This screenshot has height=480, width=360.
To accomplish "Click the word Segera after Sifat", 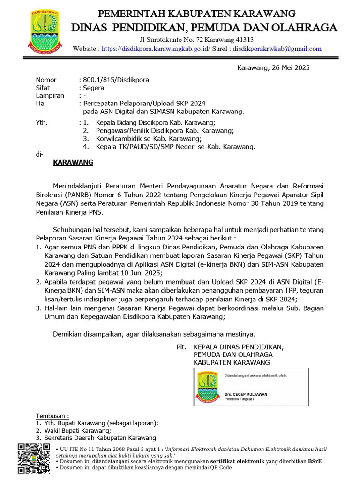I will pos(93,88).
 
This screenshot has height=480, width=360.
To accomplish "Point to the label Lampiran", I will pos(50,96).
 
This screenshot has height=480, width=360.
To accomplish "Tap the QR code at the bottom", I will pos(34,458).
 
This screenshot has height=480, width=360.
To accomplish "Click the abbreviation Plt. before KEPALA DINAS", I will pos(180,346).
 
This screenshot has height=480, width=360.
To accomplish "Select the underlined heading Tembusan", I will pos(52,416).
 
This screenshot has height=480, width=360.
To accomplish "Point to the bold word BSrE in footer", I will pos(315,461).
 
